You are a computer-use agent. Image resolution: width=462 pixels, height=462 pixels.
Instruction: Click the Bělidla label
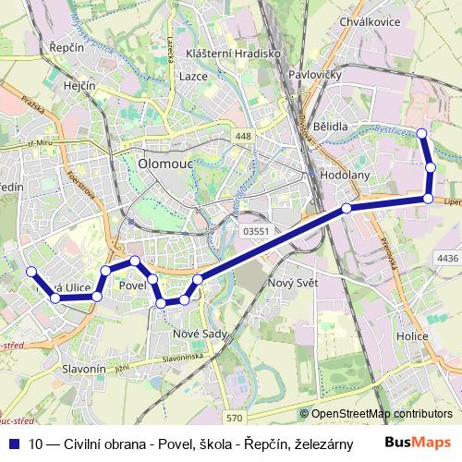330,126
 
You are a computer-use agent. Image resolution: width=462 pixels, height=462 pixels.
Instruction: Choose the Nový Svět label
291,282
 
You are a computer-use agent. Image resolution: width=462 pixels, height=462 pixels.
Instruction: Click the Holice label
412,337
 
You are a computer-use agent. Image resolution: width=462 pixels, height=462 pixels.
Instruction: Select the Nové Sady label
199,332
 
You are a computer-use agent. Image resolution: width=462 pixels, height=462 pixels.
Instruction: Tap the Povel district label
135,286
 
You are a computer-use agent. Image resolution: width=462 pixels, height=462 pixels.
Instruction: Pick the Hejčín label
79,86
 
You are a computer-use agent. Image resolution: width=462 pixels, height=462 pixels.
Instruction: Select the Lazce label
193,76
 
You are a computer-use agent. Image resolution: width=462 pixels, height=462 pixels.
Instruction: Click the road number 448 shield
242,137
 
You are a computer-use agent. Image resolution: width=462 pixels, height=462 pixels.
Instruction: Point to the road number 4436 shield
447,259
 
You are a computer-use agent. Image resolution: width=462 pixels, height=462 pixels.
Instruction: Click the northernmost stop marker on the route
422,134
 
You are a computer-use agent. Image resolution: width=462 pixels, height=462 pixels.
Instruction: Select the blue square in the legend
13,443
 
